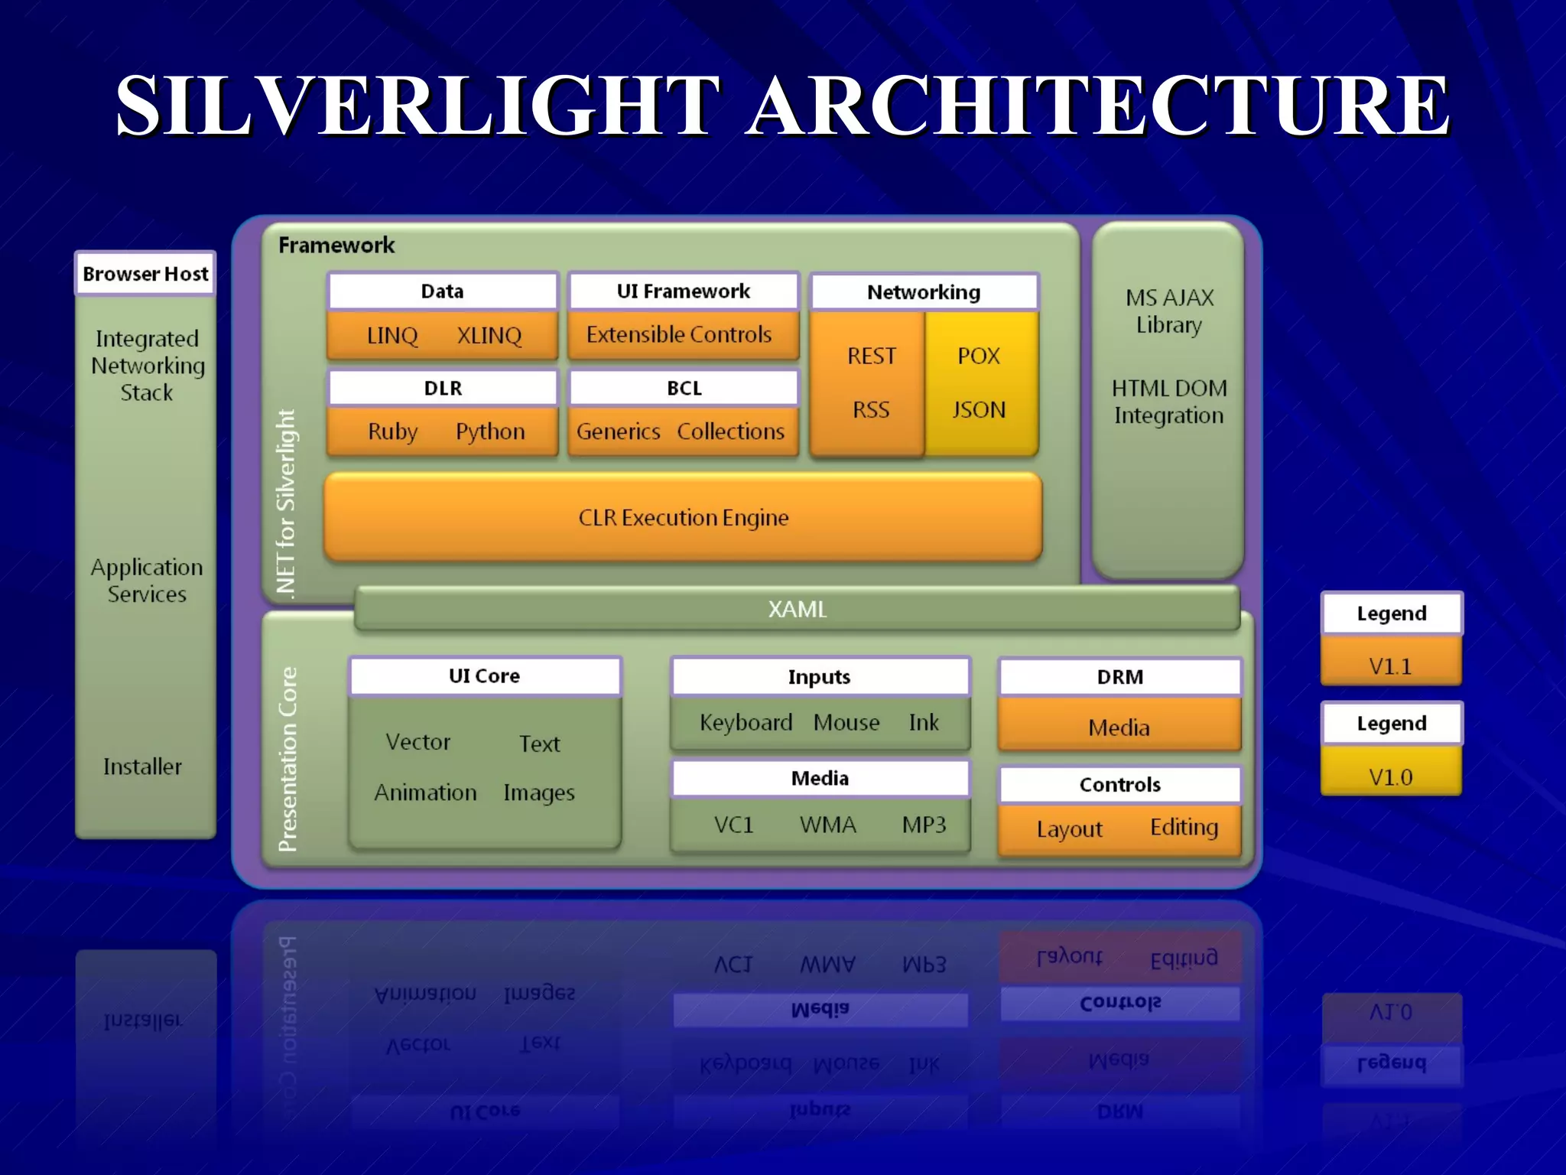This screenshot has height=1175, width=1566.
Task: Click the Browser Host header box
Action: (145, 274)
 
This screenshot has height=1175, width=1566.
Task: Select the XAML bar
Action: (797, 609)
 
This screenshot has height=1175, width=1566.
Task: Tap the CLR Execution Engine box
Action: (683, 518)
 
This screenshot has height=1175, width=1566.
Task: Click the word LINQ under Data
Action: (392, 335)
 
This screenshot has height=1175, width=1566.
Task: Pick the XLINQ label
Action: (489, 335)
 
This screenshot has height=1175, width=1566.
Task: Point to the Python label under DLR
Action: (490, 431)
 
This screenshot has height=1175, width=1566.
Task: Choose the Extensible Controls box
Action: (679, 334)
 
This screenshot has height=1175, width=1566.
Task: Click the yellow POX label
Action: (979, 356)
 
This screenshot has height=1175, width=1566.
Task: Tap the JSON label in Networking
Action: (979, 410)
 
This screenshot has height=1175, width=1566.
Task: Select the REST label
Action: (871, 356)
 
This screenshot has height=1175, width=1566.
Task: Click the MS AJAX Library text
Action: (1169, 311)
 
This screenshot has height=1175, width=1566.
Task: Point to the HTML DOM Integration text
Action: (1169, 402)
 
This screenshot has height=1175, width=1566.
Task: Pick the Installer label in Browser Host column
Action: (143, 767)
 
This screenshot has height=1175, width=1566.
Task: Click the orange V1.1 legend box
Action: (1391, 666)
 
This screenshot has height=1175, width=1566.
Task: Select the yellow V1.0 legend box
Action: (1391, 776)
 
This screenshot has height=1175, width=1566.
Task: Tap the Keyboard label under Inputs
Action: (746, 722)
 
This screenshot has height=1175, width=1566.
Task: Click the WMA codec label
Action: (827, 825)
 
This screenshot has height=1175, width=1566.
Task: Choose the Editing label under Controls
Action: (1184, 827)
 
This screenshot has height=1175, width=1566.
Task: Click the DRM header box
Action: (1119, 677)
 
